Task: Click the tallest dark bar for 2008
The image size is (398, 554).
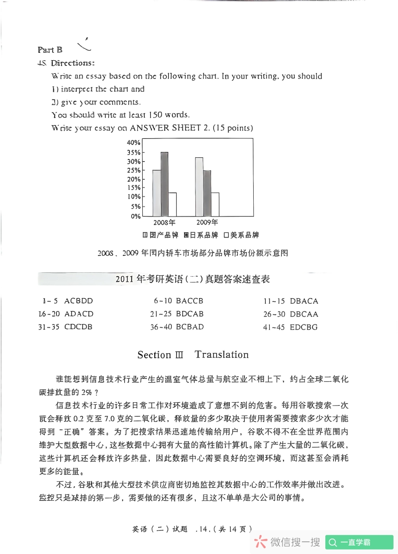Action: tap(164, 184)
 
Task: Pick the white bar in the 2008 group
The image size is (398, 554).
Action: tap(173, 204)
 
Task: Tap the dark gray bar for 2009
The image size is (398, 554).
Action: tap(207, 193)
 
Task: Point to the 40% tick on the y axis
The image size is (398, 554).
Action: tap(134, 142)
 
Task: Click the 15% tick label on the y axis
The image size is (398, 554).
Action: tap(134, 188)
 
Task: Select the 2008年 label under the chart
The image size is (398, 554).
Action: tap(164, 222)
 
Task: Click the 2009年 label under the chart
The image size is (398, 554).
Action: tap(207, 222)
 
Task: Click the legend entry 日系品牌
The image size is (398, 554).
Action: tap(200, 235)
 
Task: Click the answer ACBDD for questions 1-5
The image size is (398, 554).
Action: tap(79, 301)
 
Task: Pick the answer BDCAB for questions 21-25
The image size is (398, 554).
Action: tap(190, 314)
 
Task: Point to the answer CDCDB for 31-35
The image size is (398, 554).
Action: tap(79, 327)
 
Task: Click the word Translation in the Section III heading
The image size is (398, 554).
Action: tap(221, 355)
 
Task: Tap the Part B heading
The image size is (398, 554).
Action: tap(50, 50)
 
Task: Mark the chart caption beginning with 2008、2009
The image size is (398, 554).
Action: tap(193, 253)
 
